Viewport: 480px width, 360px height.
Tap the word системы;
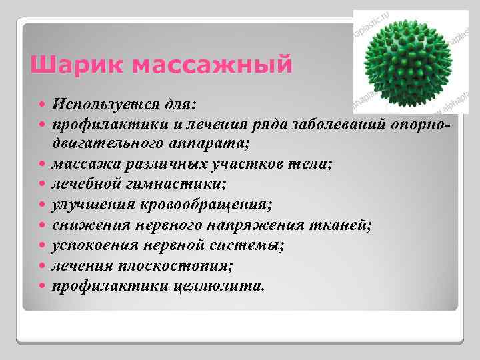tap(251, 245)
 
